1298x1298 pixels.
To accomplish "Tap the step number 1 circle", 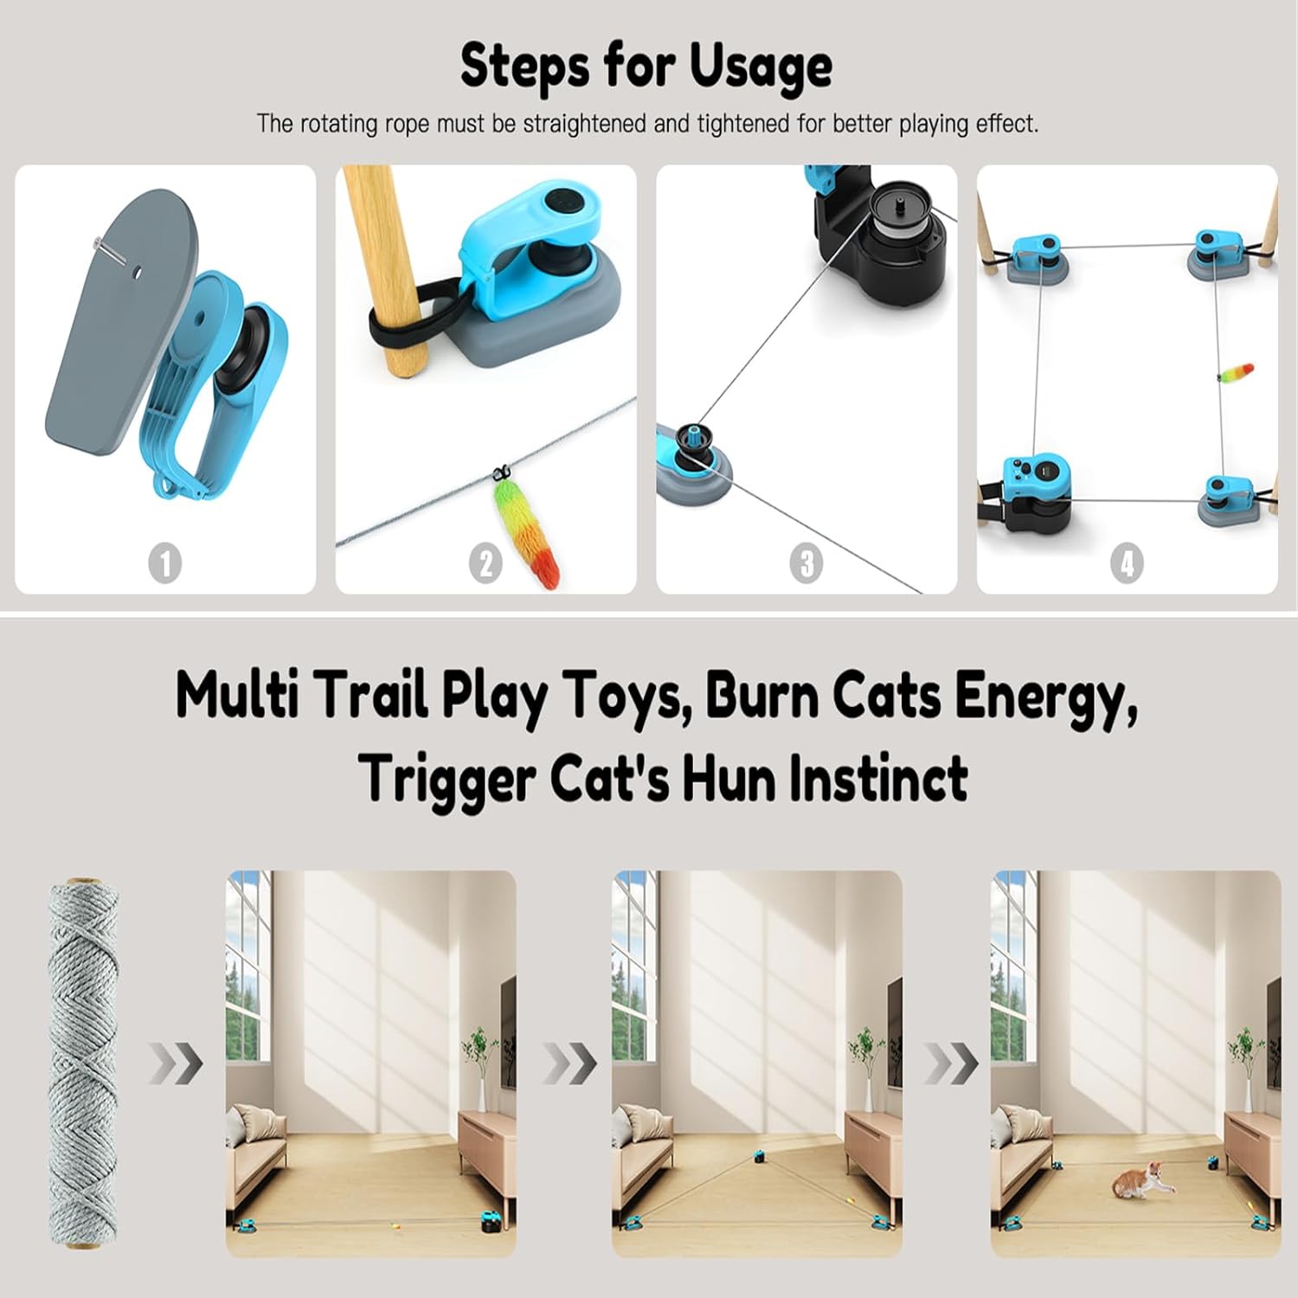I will tap(165, 564).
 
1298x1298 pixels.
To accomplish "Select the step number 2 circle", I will tap(485, 564).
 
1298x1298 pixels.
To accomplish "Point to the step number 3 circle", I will tap(806, 564).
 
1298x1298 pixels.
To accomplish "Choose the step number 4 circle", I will tap(1127, 564).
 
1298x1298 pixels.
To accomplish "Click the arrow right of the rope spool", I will tap(176, 1063).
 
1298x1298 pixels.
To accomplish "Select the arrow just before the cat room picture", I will tap(951, 1063).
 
